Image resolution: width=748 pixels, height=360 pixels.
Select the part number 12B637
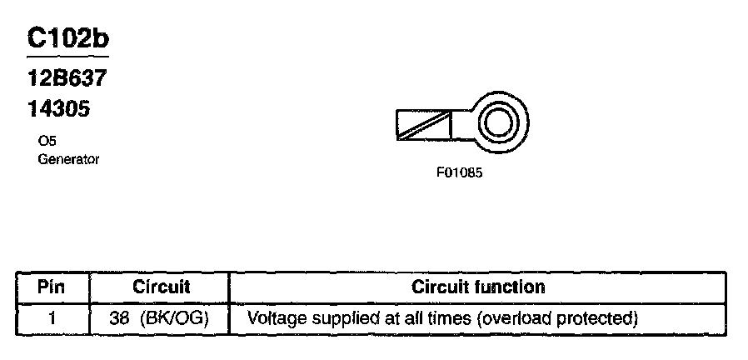[x=67, y=80]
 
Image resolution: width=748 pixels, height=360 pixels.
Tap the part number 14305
[x=59, y=108]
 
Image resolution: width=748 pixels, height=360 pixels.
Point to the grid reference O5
[x=47, y=142]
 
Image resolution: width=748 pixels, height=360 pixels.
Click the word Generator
[x=68, y=158]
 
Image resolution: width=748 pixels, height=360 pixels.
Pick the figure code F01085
[x=459, y=174]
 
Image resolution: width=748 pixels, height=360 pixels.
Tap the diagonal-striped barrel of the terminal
[x=424, y=125]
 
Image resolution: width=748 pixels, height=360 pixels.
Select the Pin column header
[x=52, y=287]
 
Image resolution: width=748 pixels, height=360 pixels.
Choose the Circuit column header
[x=162, y=287]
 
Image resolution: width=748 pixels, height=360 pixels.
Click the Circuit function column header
[x=478, y=287]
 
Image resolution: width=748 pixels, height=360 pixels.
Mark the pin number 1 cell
[x=52, y=317]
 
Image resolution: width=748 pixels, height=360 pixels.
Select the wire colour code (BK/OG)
[x=174, y=317]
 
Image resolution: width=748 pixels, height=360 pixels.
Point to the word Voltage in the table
[x=276, y=317]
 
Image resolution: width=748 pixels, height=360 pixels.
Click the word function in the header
[x=512, y=287]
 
